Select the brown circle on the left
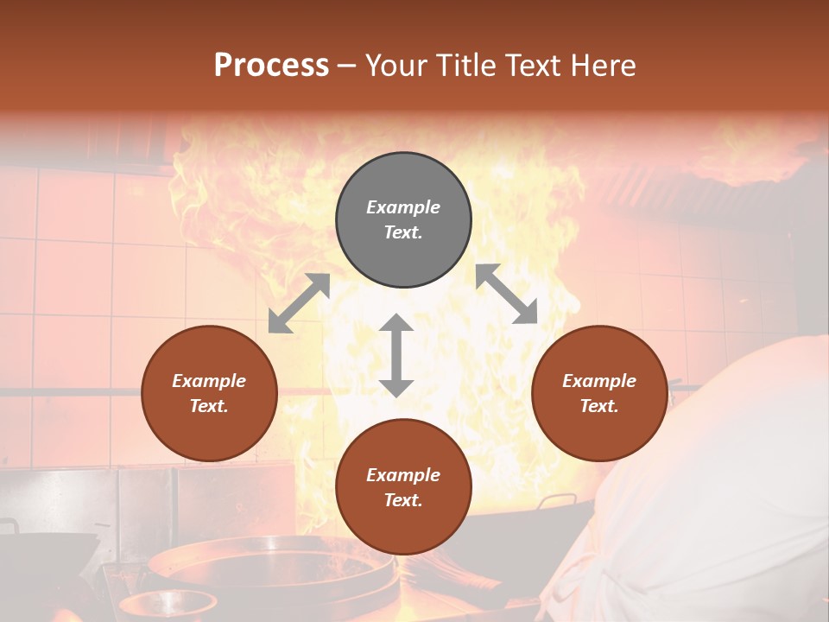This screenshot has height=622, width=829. click(x=209, y=393)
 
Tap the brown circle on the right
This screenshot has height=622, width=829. click(x=599, y=393)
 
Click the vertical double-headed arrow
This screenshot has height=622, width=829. click(x=396, y=355)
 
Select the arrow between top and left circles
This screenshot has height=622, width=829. click(x=299, y=303)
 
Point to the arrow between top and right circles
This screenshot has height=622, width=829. click(x=507, y=294)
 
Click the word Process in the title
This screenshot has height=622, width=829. click(x=271, y=65)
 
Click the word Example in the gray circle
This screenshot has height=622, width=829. click(x=403, y=207)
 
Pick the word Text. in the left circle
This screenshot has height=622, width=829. click(x=209, y=406)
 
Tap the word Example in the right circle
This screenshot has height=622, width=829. click(x=599, y=381)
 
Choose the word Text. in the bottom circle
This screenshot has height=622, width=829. click(x=403, y=500)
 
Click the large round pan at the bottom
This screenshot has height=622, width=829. click(x=250, y=562)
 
